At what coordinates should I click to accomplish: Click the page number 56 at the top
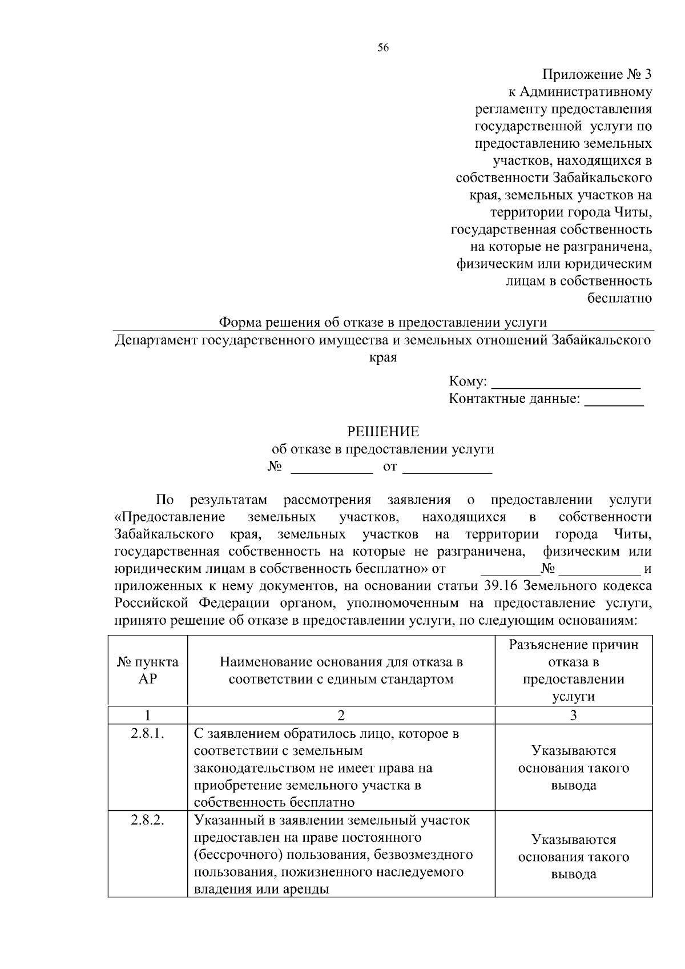click(x=383, y=49)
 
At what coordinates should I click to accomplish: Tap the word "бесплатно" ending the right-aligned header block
click(x=619, y=297)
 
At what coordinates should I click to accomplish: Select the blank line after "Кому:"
click(x=566, y=383)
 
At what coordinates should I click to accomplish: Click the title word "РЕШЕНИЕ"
click(x=383, y=432)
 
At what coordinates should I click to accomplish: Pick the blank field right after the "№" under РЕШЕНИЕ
click(x=332, y=468)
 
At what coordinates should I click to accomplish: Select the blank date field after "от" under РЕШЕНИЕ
click(x=448, y=468)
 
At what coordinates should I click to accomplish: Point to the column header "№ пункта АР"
click(x=148, y=670)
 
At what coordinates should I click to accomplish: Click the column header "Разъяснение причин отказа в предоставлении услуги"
click(x=573, y=670)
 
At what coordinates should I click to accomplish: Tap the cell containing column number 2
click(x=341, y=715)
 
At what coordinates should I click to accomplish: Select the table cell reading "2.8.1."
click(x=148, y=734)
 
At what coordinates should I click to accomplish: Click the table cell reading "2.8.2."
click(x=148, y=821)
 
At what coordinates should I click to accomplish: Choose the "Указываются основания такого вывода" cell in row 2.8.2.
click(x=573, y=857)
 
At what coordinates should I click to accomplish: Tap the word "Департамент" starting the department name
click(x=154, y=341)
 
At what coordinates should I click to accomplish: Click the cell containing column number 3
click(x=573, y=715)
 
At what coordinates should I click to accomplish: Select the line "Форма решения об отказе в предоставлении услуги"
click(x=383, y=323)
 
